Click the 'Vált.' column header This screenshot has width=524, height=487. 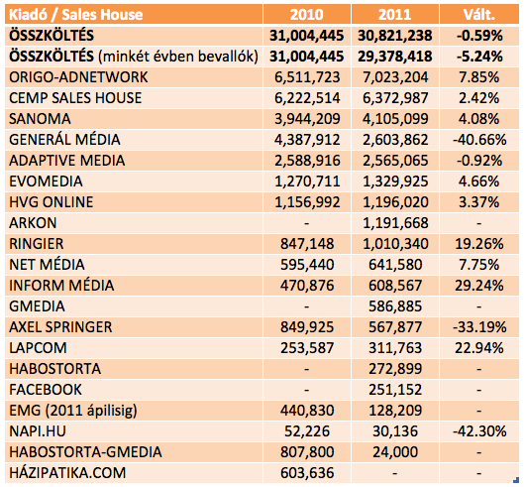(478, 15)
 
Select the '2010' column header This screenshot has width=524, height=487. (306, 15)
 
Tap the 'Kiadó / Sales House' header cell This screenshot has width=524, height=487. (76, 15)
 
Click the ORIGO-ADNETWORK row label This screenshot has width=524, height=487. (78, 77)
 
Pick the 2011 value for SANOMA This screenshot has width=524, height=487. (395, 119)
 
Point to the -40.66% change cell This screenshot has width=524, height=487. (479, 140)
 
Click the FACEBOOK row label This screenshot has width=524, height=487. (46, 390)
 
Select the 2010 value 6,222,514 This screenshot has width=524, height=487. (307, 98)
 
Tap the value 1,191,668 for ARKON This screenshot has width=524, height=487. (395, 223)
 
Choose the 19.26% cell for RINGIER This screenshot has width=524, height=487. (479, 244)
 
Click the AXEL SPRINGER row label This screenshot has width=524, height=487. (60, 327)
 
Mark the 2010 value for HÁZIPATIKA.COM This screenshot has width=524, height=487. (307, 473)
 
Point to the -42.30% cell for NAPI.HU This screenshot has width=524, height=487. (479, 431)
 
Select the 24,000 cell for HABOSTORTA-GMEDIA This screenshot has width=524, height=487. (395, 452)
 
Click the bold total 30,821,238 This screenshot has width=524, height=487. (395, 36)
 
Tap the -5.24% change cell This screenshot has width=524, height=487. (479, 57)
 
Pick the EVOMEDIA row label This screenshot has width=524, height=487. (46, 182)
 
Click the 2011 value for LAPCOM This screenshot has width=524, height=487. (395, 348)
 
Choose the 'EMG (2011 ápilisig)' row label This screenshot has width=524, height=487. (73, 411)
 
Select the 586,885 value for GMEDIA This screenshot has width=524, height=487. (395, 306)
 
